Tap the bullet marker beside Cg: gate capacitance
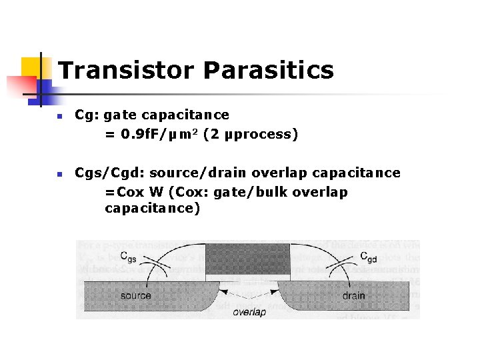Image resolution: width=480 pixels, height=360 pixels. click(59, 116)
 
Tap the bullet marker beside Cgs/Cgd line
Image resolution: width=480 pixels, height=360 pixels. click(59, 174)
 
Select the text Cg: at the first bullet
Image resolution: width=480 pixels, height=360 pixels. click(87, 115)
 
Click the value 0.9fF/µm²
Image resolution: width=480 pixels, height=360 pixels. click(150, 134)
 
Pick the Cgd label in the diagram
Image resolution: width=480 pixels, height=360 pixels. click(369, 257)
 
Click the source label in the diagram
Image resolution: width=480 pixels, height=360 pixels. click(136, 295)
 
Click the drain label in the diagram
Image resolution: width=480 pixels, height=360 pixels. click(354, 295)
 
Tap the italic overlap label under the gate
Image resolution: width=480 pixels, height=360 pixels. click(249, 311)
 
